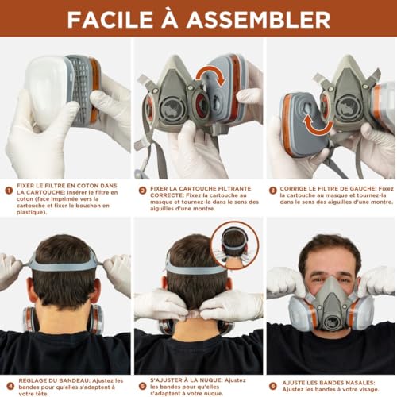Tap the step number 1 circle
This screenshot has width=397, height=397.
(x=9, y=191)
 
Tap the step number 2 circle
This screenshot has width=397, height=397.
(x=141, y=191)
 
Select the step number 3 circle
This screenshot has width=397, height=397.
(x=272, y=191)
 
